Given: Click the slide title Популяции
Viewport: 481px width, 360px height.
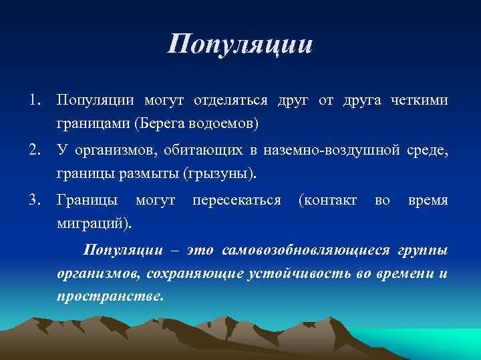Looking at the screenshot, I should [240, 45].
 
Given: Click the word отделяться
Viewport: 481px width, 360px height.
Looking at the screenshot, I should [230, 101].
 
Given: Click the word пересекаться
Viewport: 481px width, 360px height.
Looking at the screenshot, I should [236, 201].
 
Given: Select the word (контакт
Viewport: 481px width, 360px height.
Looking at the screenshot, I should [328, 201].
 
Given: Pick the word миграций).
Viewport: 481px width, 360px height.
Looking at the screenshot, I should [94, 224].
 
